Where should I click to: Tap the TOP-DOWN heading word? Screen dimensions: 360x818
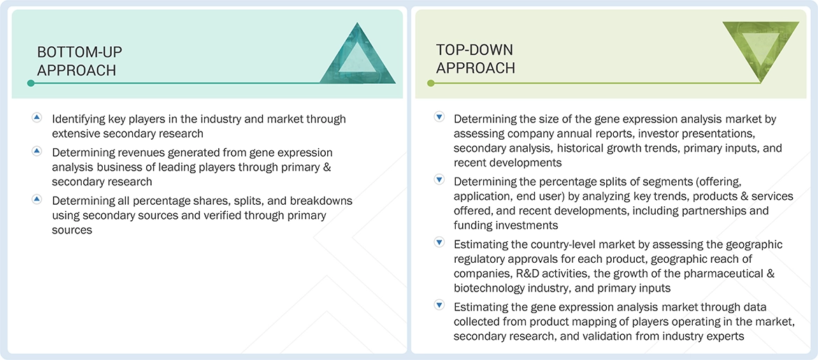(475, 50)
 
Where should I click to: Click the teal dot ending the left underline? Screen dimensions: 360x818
(31, 83)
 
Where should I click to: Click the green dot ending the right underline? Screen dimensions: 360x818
(430, 83)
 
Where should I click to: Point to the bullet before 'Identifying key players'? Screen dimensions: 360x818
(37, 117)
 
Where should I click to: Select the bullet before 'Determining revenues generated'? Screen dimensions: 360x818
(37, 151)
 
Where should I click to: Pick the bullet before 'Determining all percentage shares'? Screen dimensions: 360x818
(37, 199)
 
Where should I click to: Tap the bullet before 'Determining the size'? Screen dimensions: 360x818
(439, 117)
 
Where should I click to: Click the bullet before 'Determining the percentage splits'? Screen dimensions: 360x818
(439, 180)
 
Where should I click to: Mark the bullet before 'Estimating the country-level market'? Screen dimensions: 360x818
(439, 243)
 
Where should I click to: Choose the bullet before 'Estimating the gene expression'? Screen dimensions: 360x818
(439, 305)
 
